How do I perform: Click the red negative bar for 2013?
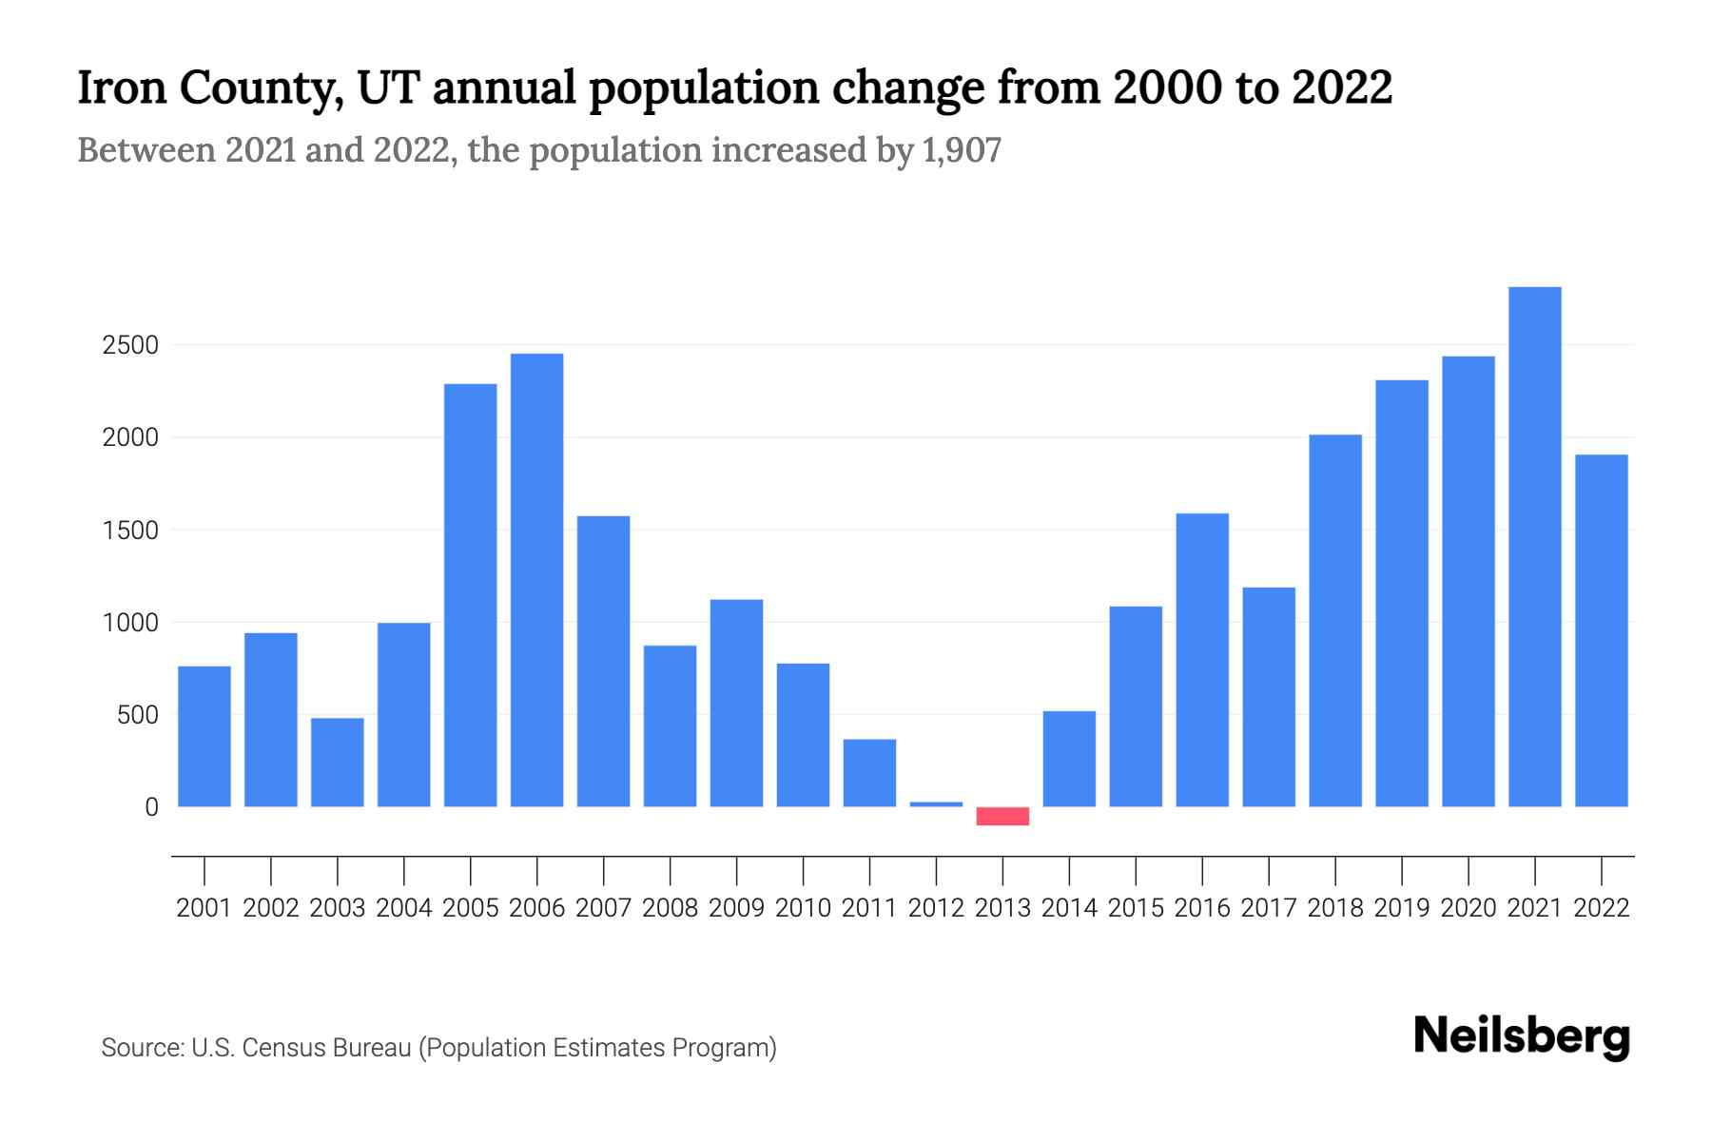[1002, 816]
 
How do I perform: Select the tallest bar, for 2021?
[1534, 547]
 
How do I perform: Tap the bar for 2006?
[536, 580]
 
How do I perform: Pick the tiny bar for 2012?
[936, 804]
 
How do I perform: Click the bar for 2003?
[338, 763]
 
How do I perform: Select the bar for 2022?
[1601, 630]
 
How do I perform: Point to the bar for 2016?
[1202, 660]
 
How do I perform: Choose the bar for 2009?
[736, 703]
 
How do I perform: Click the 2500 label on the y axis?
[130, 345]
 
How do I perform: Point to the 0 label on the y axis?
[151, 807]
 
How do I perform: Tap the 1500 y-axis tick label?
[130, 531]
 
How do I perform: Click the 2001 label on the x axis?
[204, 908]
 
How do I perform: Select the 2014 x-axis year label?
[1069, 908]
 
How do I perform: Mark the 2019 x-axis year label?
[1401, 908]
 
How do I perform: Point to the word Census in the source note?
[277, 1048]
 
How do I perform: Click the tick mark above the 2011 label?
[869, 870]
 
